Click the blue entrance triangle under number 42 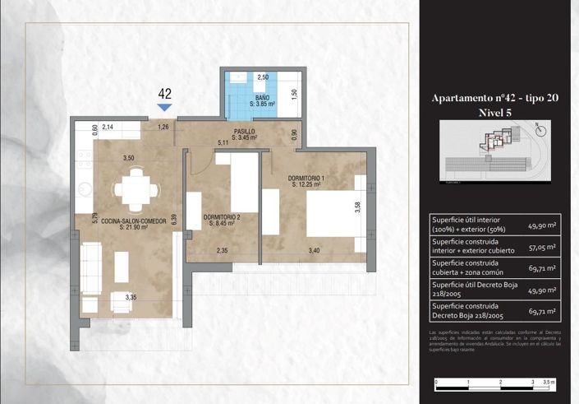click(x=164, y=107)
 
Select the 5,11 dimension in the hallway click(x=222, y=143)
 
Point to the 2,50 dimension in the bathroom click(x=264, y=77)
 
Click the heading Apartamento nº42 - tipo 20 click(x=495, y=98)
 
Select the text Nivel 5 click(x=495, y=112)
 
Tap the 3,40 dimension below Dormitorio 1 click(x=314, y=251)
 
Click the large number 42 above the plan click(x=165, y=93)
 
